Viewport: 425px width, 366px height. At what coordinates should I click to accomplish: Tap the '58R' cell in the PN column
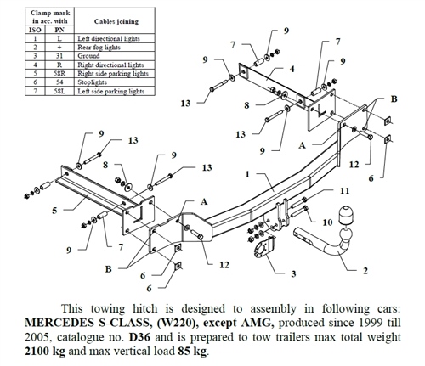point(59,74)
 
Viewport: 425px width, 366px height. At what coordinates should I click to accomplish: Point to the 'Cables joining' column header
point(116,21)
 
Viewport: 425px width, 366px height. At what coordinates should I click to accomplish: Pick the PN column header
point(59,30)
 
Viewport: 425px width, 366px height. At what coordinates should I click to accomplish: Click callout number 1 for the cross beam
point(247,174)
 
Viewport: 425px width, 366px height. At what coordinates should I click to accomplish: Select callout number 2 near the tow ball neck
point(365,271)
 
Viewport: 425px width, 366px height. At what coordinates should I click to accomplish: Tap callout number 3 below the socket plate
point(293,273)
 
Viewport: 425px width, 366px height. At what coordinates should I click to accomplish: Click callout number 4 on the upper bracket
point(292,69)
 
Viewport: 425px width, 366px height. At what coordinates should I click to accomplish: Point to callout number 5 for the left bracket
point(54,211)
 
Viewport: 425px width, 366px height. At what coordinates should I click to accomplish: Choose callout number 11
point(344,191)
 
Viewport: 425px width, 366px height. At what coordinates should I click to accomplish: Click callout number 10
point(327,222)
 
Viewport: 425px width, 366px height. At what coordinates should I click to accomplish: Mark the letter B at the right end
point(394,99)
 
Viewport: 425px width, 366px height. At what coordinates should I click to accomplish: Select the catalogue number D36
point(138,337)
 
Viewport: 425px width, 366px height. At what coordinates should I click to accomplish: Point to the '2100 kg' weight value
point(45,352)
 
